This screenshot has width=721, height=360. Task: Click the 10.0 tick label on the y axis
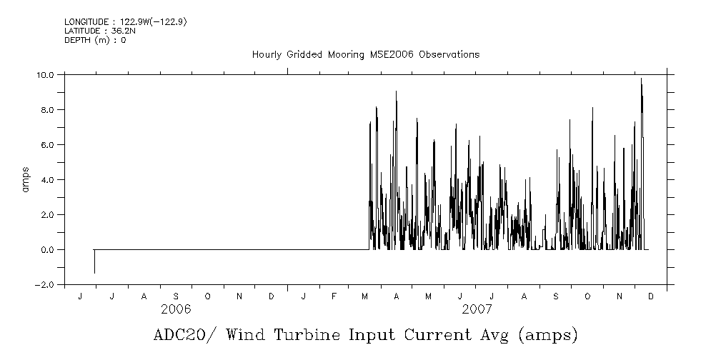tap(46, 74)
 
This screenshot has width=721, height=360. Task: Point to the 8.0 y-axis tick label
tap(48, 109)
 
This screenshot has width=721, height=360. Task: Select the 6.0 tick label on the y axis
tap(48, 144)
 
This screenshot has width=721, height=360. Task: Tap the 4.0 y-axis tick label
tap(48, 179)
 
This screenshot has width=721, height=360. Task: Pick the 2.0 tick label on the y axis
tap(48, 214)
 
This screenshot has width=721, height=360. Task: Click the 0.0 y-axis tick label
tap(48, 249)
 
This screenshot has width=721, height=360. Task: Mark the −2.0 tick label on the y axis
tap(45, 284)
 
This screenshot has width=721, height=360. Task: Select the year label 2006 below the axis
tap(176, 309)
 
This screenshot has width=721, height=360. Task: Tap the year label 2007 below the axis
tap(477, 309)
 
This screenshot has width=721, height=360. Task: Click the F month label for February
tap(334, 296)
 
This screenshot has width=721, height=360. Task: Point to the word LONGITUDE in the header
tap(86, 22)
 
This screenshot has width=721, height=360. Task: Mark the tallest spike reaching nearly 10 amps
tap(641, 80)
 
